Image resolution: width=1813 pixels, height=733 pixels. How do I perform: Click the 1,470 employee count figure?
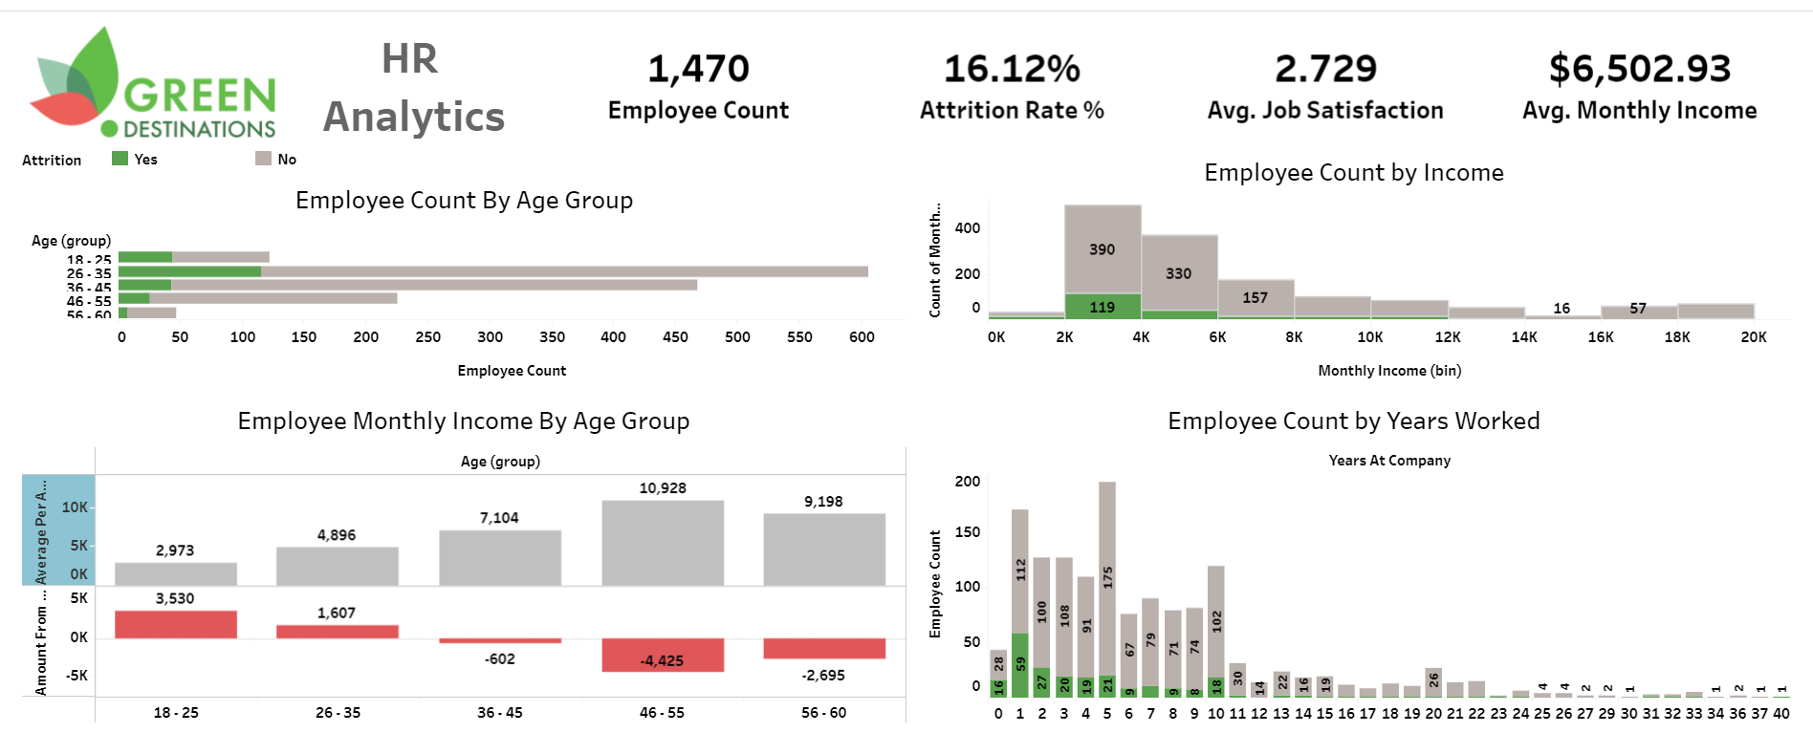(x=698, y=69)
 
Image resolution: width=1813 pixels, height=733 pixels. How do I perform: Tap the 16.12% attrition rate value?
(x=1012, y=69)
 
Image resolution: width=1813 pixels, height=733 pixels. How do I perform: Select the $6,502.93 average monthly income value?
(x=1640, y=69)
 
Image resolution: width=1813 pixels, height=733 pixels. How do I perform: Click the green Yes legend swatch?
(x=120, y=159)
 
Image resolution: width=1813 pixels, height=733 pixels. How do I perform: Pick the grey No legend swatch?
(x=263, y=159)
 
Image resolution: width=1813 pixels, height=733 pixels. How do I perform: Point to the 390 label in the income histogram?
(x=1102, y=249)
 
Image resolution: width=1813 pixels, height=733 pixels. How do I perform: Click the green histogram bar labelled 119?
(x=1103, y=306)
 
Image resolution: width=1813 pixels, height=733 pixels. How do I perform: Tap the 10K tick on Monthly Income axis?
(x=1369, y=337)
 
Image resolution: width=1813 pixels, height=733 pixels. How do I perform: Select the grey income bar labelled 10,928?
(x=663, y=543)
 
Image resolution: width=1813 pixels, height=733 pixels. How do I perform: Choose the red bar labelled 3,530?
(x=176, y=624)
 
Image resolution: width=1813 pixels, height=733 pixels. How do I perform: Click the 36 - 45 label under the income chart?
(x=500, y=713)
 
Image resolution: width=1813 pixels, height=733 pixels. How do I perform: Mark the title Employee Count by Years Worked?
(x=1353, y=421)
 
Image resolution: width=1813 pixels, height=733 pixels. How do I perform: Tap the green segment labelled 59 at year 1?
(x=1020, y=664)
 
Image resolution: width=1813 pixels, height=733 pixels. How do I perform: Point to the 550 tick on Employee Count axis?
(x=799, y=337)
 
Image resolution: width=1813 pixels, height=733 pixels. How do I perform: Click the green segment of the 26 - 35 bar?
(x=189, y=271)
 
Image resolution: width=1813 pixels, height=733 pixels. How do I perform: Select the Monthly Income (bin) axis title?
(x=1389, y=371)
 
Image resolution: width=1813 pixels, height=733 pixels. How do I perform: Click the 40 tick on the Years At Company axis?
(x=1781, y=714)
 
